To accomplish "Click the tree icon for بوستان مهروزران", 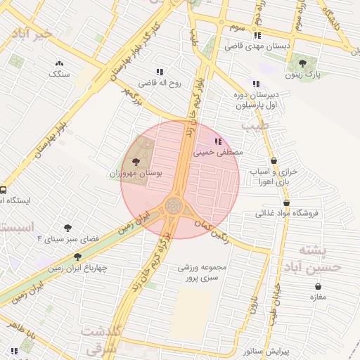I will pos(136,162).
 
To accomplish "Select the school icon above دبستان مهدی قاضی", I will pos(257,35).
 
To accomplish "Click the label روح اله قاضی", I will pos(159,83).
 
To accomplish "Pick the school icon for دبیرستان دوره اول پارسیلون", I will pos(255,84).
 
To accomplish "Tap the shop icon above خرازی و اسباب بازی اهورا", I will pos(274,161).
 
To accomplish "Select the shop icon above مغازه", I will pos(319,286).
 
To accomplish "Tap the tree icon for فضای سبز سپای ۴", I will pos(67,228).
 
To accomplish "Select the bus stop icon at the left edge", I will pos(4,190).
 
